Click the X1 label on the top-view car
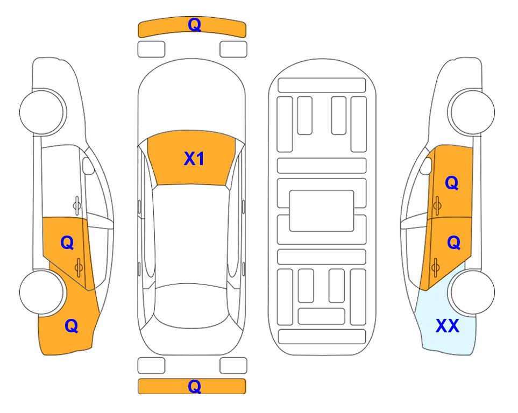coord(194,159)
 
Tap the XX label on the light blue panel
coord(448,326)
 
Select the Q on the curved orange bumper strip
coord(194,24)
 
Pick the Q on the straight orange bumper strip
coord(194,386)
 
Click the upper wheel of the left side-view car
coord(42,112)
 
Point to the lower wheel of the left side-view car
coord(42,293)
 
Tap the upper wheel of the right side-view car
coord(471,112)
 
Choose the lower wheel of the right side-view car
coord(471,293)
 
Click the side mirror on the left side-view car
coord(88,166)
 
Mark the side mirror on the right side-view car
coord(425,166)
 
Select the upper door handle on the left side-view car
coord(77,205)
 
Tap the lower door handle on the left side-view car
coord(79,267)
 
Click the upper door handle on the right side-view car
coord(437,205)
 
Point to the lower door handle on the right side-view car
coord(435,267)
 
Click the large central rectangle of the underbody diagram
coord(322,211)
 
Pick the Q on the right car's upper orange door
coord(452,183)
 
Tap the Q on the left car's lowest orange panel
coord(72,326)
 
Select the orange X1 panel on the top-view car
coord(191,158)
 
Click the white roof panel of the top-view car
coord(191,234)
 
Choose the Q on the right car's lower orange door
coord(453,243)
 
